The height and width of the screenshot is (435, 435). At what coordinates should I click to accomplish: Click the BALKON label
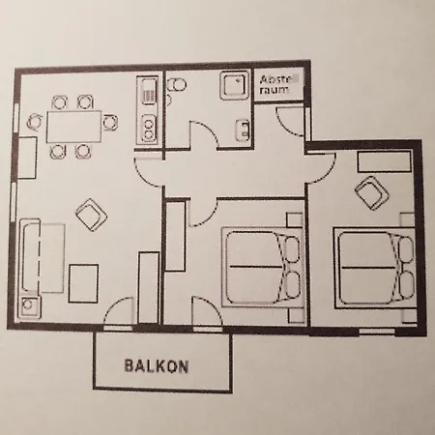[157, 366]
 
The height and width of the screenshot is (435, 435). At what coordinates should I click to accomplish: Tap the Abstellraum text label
[278, 84]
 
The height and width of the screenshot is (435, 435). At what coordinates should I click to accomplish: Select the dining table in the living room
[74, 127]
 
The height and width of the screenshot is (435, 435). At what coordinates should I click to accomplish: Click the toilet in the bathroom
[176, 85]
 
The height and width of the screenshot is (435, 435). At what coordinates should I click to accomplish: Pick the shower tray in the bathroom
[235, 85]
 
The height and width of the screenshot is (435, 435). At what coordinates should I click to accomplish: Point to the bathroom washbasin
[243, 130]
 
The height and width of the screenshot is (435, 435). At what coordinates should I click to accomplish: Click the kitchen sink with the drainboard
[149, 92]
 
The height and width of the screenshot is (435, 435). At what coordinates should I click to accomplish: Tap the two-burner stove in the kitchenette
[149, 129]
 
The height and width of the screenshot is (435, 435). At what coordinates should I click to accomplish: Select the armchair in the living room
[92, 215]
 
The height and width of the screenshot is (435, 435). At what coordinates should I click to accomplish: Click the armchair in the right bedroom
[372, 193]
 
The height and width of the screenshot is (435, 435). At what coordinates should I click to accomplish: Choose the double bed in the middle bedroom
[262, 267]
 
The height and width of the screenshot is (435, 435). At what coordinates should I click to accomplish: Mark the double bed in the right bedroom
[374, 268]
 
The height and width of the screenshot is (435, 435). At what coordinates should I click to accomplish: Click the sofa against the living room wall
[31, 255]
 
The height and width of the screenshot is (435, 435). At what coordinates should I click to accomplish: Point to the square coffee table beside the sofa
[84, 283]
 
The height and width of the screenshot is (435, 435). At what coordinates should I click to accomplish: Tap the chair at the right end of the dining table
[110, 123]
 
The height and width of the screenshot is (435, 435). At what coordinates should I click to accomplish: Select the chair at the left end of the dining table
[35, 122]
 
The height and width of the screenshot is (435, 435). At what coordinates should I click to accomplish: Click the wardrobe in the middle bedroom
[175, 236]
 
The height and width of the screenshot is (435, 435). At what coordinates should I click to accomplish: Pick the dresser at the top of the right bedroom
[384, 161]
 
